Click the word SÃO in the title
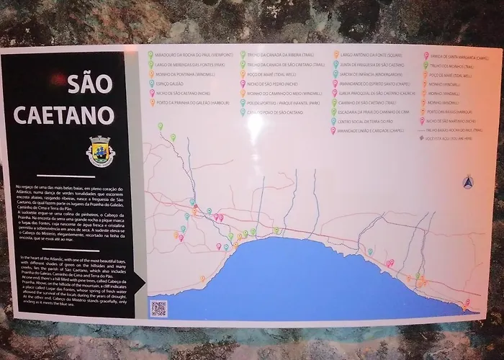coord(91,84)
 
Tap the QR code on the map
coord(158,308)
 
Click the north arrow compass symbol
coord(468,183)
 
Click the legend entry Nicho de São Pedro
coord(271,83)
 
